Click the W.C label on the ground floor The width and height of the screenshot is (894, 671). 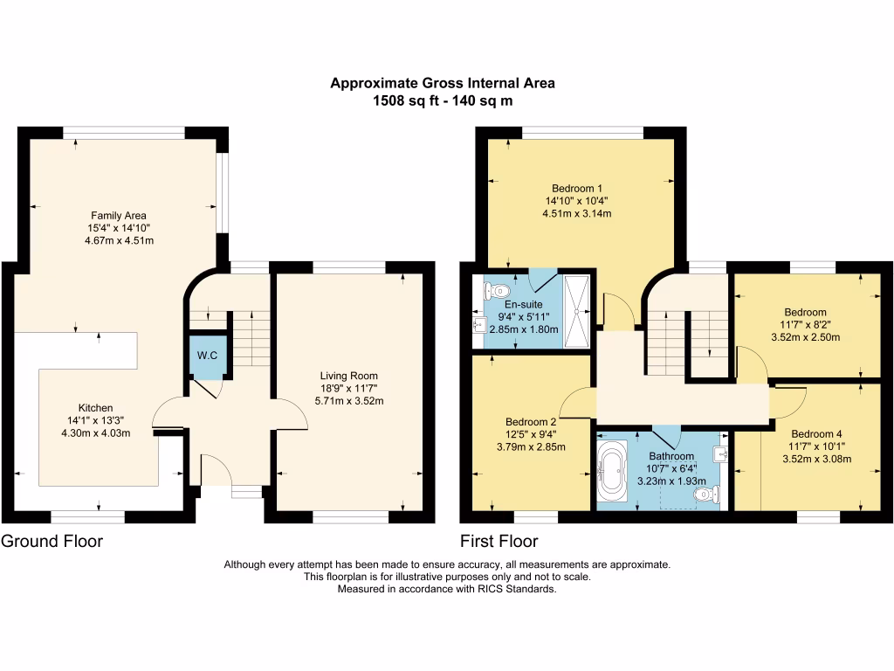click(x=208, y=356)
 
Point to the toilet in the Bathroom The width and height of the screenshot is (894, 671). click(x=706, y=495)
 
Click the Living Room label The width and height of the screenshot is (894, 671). click(x=348, y=376)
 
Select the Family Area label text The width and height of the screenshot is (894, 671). click(x=119, y=215)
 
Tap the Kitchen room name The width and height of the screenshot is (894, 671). click(x=96, y=408)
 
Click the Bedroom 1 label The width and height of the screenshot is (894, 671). click(x=577, y=188)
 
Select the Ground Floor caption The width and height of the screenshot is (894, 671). click(x=52, y=541)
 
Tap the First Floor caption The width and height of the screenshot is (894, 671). click(x=499, y=541)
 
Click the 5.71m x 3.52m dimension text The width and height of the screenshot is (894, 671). click(x=348, y=401)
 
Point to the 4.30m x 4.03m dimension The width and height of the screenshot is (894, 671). click(x=96, y=433)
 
